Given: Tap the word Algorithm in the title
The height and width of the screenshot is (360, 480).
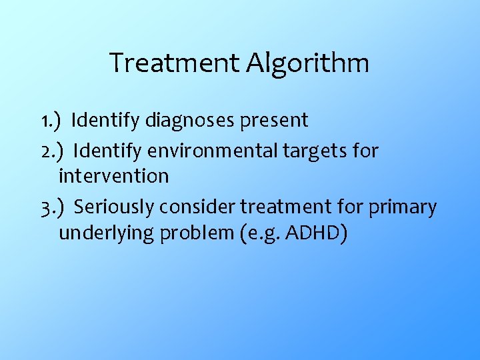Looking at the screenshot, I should coord(307,64).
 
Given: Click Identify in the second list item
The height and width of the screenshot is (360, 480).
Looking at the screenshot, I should coord(107,151).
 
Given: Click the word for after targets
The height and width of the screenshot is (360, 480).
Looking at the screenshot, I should coord(365,151).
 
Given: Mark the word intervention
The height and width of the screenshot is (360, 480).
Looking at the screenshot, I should coord(114,177).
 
